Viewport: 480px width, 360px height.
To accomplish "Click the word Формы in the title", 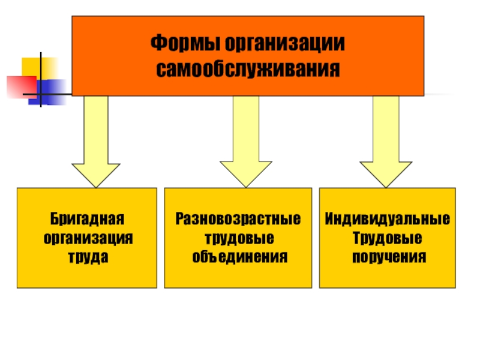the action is pyautogui.click(x=184, y=44).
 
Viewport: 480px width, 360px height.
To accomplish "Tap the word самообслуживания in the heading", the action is pyautogui.click(x=248, y=68).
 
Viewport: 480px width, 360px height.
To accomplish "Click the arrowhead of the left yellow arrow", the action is pyautogui.click(x=96, y=173).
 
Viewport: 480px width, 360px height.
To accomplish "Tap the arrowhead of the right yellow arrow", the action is pyautogui.click(x=386, y=173).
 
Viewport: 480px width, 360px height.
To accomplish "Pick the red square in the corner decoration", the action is pyautogui.click(x=19, y=86).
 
